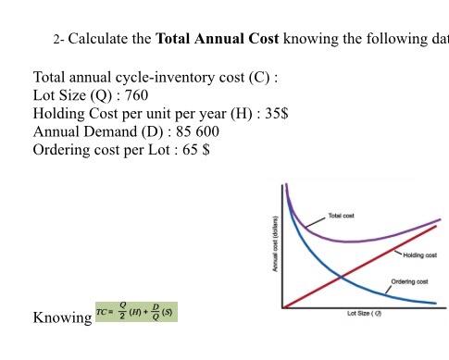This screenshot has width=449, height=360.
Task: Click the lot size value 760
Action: click(135, 95)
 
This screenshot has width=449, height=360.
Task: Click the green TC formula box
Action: click(136, 310)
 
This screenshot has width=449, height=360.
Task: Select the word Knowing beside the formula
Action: click(62, 318)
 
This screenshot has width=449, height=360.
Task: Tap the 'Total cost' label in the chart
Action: click(342, 216)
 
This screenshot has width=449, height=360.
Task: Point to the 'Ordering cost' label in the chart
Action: click(409, 280)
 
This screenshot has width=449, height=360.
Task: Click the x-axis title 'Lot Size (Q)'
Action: click(365, 314)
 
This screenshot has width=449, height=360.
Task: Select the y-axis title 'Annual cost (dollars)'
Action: click(275, 243)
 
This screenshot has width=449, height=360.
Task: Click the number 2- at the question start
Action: click(58, 41)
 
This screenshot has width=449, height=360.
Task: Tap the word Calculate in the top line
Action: click(109, 40)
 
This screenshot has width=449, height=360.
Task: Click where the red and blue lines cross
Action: click(341, 275)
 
